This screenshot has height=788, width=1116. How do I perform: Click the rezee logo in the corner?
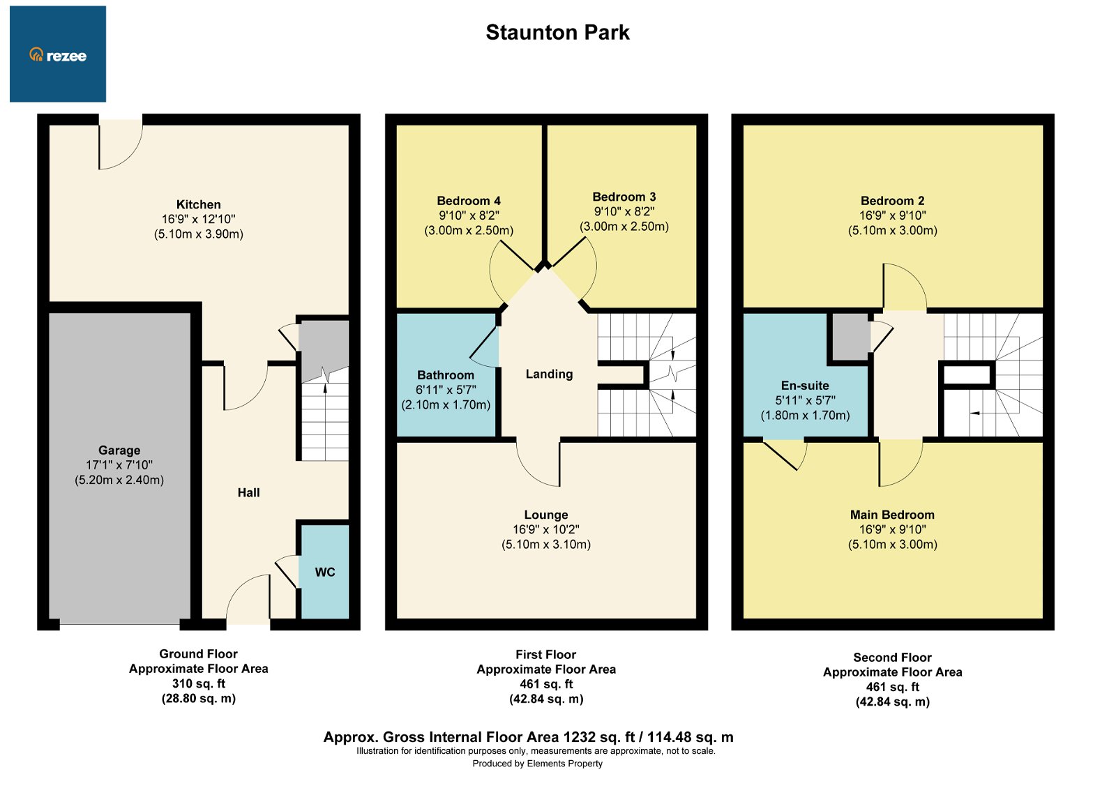coord(58,54)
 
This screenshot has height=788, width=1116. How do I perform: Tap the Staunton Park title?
coord(557,33)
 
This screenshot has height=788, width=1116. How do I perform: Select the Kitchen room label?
coord(198,204)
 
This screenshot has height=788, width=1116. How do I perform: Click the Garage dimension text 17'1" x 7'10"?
coord(119,465)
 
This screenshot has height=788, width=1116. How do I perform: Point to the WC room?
coord(324,572)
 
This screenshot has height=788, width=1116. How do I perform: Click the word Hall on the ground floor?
coord(248,492)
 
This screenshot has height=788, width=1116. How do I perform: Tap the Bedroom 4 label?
coord(469,201)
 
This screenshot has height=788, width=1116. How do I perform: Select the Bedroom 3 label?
coord(624,197)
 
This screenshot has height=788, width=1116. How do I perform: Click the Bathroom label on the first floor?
coord(446,375)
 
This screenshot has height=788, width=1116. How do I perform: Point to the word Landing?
coord(549,374)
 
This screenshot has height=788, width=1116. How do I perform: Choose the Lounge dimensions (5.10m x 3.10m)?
coord(546,545)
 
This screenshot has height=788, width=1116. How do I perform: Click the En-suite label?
coord(805,386)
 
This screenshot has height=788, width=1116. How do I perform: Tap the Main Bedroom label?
coord(892,515)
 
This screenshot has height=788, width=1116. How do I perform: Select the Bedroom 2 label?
coord(892,201)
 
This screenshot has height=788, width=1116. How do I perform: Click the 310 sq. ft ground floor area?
coord(199,683)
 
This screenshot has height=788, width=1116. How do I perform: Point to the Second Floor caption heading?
coord(892,657)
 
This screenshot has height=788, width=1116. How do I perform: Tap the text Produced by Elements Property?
coord(537,764)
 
